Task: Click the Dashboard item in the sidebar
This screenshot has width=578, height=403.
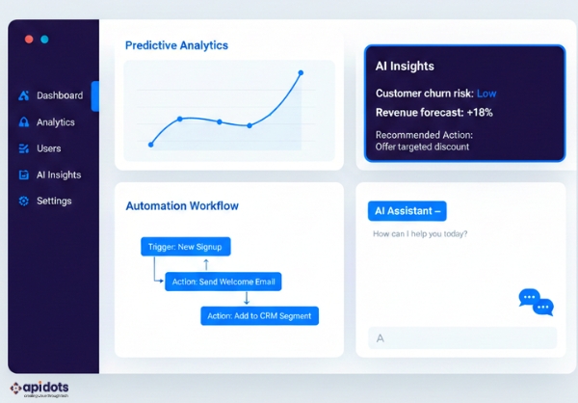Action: pyautogui.click(x=59, y=95)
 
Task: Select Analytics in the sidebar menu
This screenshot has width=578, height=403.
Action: pyautogui.click(x=55, y=122)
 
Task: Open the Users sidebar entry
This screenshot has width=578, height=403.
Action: pyautogui.click(x=48, y=148)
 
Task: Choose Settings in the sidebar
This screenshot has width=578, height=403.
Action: pyautogui.click(x=53, y=201)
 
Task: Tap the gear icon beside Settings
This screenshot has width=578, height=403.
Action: pyautogui.click(x=24, y=201)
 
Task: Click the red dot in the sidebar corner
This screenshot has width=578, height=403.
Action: pyautogui.click(x=28, y=40)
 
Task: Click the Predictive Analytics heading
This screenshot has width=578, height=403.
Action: pyautogui.click(x=176, y=45)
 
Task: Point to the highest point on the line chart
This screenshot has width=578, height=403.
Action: pyautogui.click(x=301, y=72)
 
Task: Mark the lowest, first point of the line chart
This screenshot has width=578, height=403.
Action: pyautogui.click(x=151, y=145)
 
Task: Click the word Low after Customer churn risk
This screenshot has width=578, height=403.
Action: pyautogui.click(x=486, y=94)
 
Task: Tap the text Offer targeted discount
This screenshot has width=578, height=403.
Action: pyautogui.click(x=422, y=147)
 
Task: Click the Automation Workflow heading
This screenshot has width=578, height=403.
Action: pyautogui.click(x=182, y=205)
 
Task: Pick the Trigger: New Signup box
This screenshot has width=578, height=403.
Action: pyautogui.click(x=185, y=247)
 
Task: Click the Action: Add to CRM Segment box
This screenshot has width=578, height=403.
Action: pyautogui.click(x=259, y=315)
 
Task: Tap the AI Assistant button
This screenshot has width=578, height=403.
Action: pyautogui.click(x=407, y=211)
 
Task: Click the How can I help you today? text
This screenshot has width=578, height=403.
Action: pyautogui.click(x=420, y=234)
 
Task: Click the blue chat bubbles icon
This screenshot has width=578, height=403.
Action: pyautogui.click(x=536, y=302)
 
